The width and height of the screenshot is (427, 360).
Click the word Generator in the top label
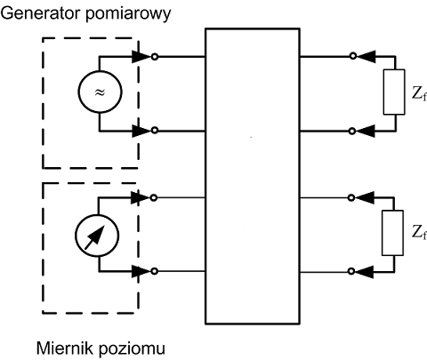pos(41,13)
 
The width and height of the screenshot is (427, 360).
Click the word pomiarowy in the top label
pos(128,15)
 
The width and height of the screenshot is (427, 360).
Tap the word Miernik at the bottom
pos(65,348)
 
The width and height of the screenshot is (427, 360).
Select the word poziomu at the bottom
pos(132,349)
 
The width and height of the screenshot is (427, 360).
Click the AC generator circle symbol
pos(100,92)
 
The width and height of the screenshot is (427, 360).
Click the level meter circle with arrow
pos(97,236)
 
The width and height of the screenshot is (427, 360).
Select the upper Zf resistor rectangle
pos(394,92)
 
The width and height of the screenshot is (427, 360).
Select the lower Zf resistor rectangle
pos(392,233)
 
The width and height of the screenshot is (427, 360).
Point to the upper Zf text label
pos(419,93)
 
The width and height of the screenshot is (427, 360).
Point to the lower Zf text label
pos(419,232)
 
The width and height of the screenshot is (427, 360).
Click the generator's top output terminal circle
pos(155,56)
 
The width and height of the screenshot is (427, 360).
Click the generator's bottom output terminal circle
pos(155,130)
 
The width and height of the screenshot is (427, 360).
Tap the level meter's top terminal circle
pos(153,197)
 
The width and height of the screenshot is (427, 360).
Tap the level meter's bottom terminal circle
pos(154,271)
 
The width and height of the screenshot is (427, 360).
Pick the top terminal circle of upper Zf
pos(352,56)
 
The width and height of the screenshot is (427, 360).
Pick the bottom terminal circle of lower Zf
pos(351,271)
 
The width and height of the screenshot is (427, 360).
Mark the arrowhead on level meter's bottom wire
pos(141,271)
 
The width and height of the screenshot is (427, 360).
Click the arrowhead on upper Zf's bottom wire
pos(366,131)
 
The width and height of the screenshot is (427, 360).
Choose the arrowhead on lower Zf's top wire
pos(365,197)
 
